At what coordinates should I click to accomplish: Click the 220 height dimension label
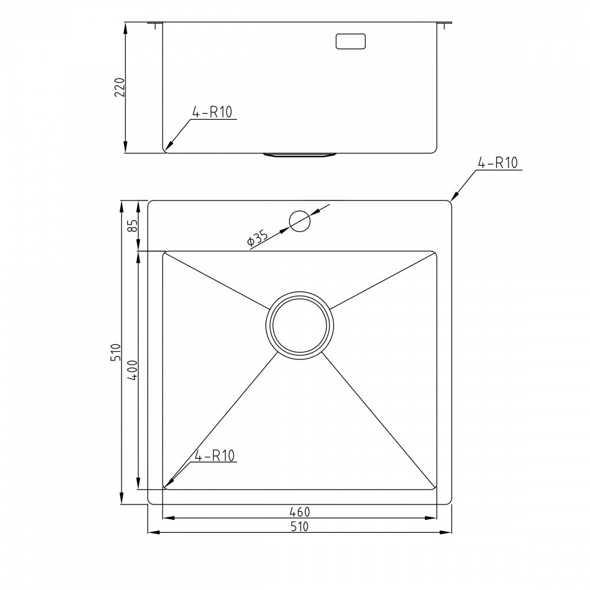click(119, 87)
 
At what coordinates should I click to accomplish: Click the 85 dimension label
click(133, 225)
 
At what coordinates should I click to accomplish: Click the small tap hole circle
click(299, 221)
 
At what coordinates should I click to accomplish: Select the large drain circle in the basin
click(299, 324)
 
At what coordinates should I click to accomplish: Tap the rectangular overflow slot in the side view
click(351, 41)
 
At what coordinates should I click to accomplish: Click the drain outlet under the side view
click(299, 155)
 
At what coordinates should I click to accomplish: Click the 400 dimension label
click(133, 370)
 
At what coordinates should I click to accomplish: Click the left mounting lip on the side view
click(155, 24)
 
